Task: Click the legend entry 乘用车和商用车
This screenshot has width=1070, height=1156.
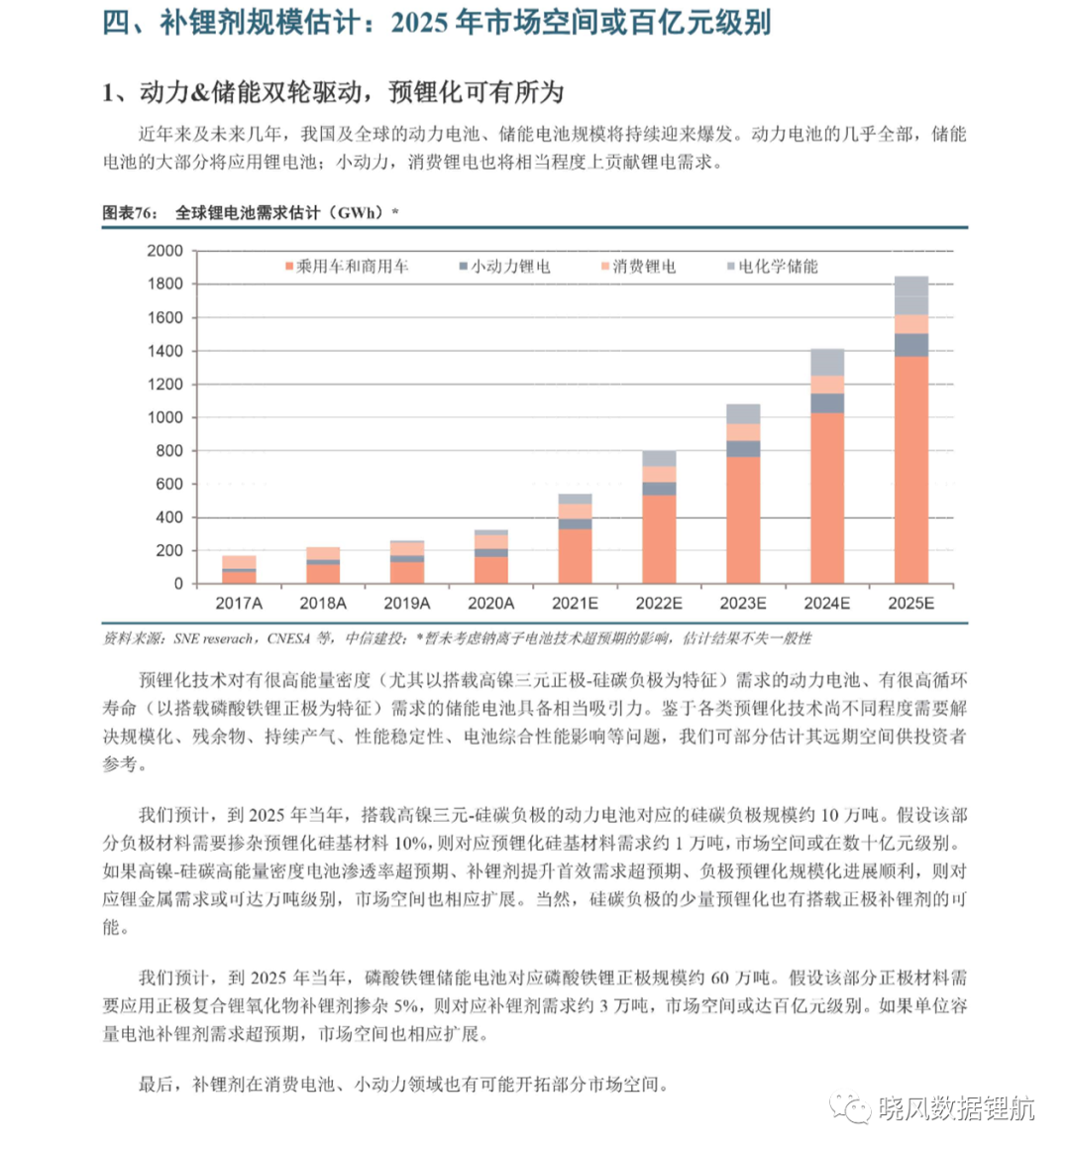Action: (x=347, y=266)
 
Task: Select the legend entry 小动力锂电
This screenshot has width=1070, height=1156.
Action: (x=505, y=266)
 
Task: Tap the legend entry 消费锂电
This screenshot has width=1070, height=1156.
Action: (x=639, y=266)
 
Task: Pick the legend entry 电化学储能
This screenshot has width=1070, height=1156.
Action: (x=773, y=266)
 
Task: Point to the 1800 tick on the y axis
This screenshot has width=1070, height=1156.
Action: (x=165, y=284)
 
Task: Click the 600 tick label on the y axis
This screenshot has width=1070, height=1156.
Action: (x=169, y=485)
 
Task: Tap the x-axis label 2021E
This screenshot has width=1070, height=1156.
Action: (x=575, y=603)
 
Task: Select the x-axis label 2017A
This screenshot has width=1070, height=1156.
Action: (x=239, y=603)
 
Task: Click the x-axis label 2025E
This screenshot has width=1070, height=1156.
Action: (x=910, y=603)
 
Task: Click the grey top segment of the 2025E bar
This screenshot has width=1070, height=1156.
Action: (x=910, y=295)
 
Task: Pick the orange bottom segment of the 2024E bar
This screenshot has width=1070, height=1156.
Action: (x=827, y=499)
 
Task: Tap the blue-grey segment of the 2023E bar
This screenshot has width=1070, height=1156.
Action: (x=743, y=449)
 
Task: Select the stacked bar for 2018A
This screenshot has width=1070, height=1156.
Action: (x=323, y=565)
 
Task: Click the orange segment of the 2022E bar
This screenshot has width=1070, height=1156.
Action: (x=659, y=539)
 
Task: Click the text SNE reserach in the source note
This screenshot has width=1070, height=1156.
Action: (x=213, y=638)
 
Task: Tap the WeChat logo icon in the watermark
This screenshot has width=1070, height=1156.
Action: (x=850, y=1108)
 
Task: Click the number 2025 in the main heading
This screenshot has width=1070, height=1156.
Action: (x=419, y=23)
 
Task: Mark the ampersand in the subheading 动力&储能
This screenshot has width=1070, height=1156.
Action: (x=200, y=93)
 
